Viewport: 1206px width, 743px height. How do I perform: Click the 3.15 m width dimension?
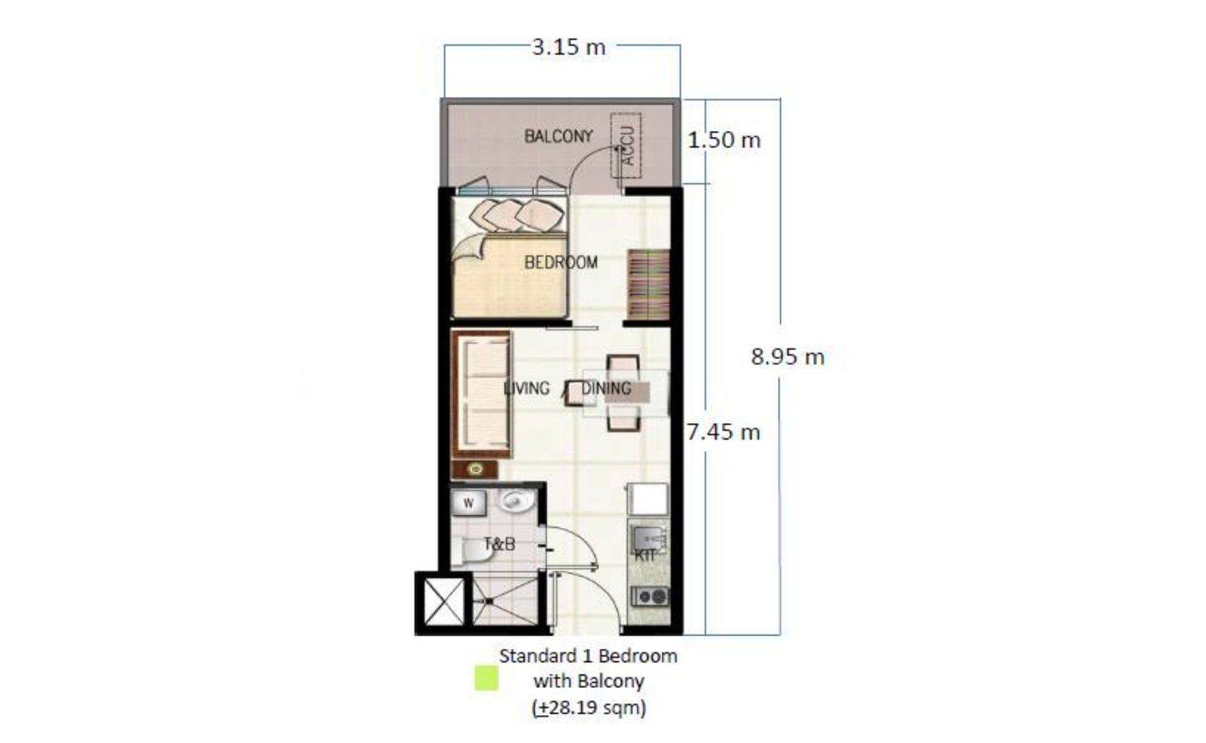[x=568, y=48]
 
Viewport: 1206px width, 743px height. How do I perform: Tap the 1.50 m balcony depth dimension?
[x=724, y=140]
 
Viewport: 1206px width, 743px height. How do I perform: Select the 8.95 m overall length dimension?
[x=788, y=357]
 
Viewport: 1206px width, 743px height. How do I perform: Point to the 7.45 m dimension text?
[x=723, y=432]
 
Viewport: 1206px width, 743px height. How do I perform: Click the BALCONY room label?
[x=559, y=137]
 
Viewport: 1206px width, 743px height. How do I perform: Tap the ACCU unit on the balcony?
[x=626, y=146]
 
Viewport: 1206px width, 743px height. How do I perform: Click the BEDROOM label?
[x=561, y=263]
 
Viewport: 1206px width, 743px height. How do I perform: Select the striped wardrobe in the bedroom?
[x=648, y=284]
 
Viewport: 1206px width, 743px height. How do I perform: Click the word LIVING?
[x=526, y=388]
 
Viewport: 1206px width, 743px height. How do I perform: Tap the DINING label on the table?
[x=606, y=388]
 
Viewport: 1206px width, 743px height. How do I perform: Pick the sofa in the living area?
[x=482, y=395]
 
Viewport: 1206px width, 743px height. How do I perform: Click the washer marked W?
[x=468, y=504]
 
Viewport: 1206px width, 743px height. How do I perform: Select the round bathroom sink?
[x=516, y=501]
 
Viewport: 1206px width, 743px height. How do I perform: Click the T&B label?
[x=499, y=544]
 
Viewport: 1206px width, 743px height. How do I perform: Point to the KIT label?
[x=645, y=555]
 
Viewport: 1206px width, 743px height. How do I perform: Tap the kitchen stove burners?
[x=650, y=597]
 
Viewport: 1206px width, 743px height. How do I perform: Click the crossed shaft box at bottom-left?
[x=444, y=602]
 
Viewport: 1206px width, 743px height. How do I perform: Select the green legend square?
[x=486, y=678]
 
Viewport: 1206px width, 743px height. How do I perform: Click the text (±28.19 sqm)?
[x=589, y=707]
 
